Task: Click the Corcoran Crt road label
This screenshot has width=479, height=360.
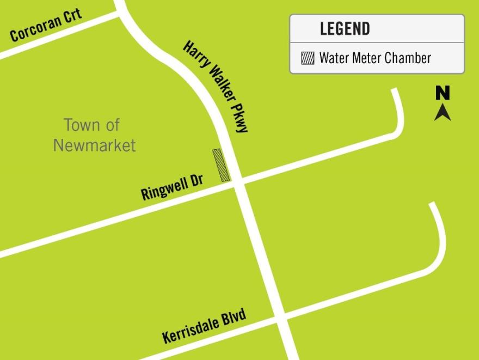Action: [x=46, y=25]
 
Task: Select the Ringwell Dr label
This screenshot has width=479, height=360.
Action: [x=171, y=187]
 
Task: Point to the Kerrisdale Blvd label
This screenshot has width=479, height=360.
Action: [x=204, y=326]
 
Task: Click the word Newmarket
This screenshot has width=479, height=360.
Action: [x=94, y=145]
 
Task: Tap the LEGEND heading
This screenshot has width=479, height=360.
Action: [x=345, y=28]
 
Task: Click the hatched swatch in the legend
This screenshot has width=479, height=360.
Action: [x=308, y=58]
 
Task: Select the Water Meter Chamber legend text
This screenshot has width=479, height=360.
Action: [x=375, y=58]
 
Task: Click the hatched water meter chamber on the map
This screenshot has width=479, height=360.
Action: [x=221, y=164]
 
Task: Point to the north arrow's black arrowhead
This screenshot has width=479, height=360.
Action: [x=443, y=112]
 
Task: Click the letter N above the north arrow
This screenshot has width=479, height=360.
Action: [x=443, y=93]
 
